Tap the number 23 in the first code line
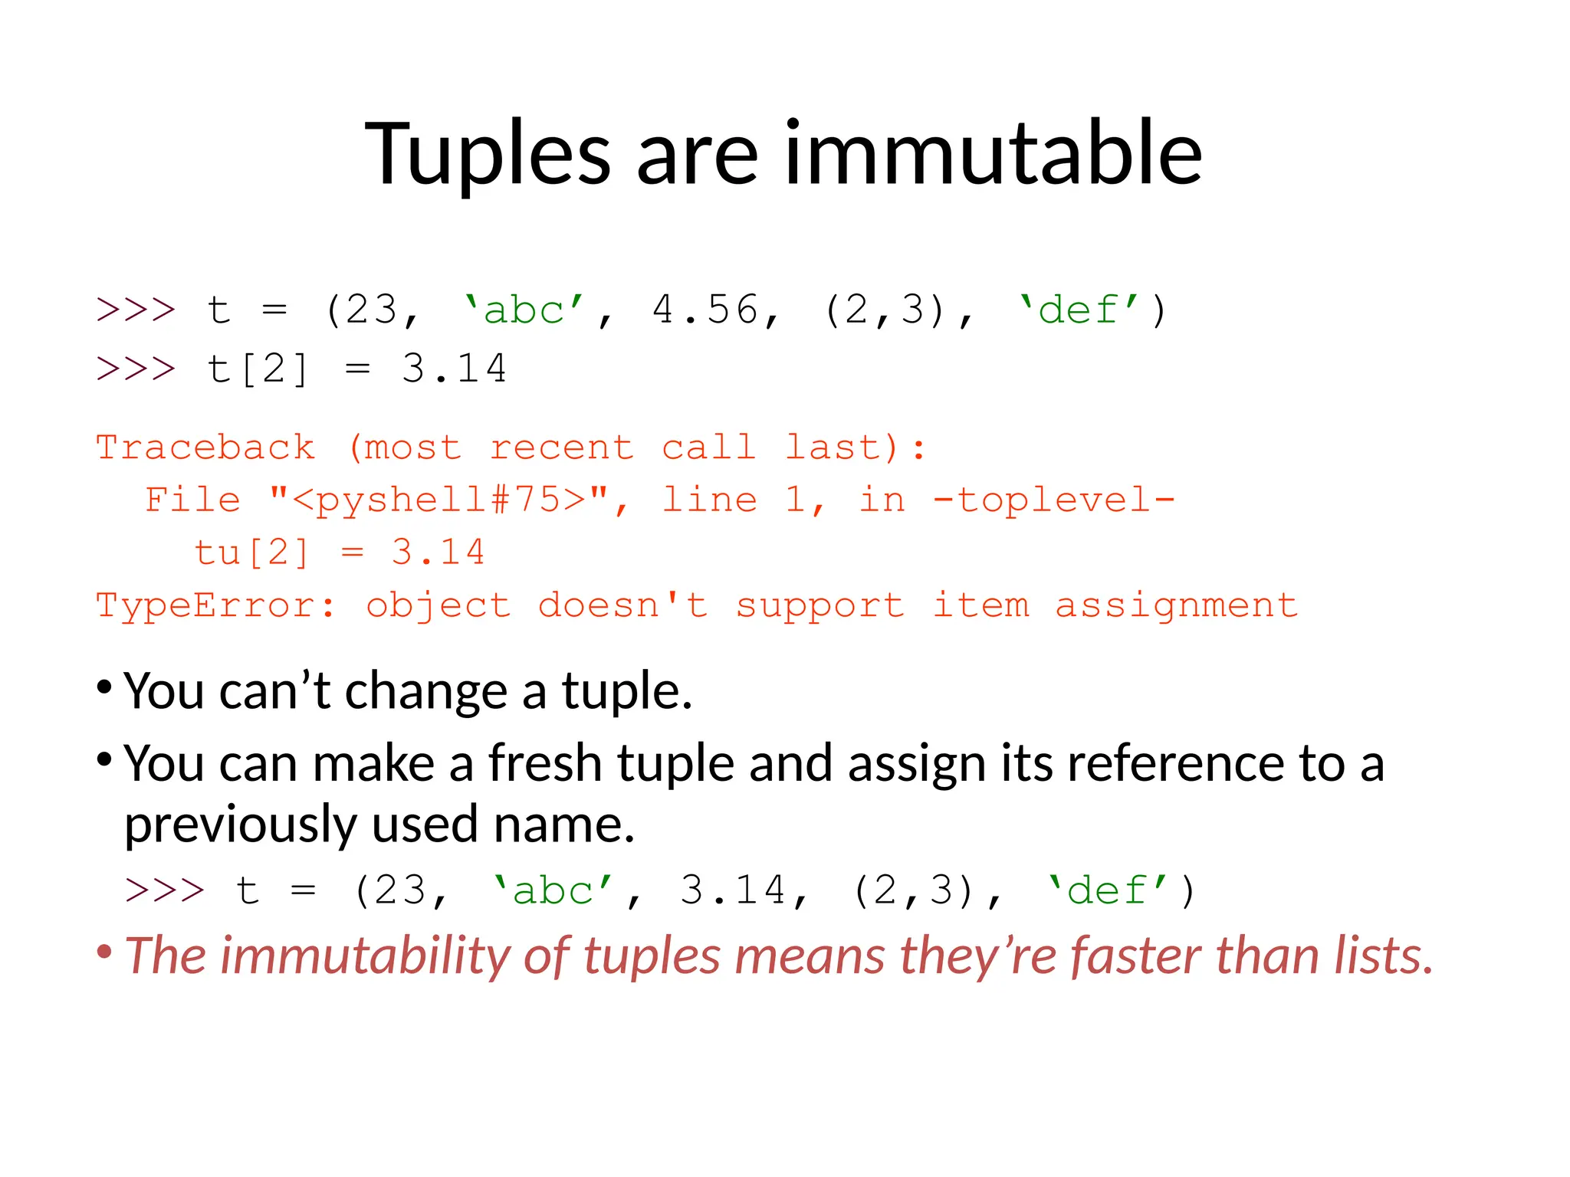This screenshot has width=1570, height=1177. (x=371, y=310)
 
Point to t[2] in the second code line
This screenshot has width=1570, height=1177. (x=258, y=369)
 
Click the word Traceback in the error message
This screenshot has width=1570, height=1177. (x=205, y=448)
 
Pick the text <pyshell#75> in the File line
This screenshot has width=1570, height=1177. (x=440, y=500)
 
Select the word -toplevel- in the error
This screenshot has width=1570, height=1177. (x=1053, y=500)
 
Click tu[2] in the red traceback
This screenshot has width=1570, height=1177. (x=251, y=552)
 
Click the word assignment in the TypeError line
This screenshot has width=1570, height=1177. (x=1176, y=605)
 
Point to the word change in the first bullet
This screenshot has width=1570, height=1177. (x=425, y=691)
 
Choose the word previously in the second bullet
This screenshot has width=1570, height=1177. (x=240, y=825)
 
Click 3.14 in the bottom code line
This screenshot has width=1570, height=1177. (x=733, y=890)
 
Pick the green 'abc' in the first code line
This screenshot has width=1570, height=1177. (x=524, y=310)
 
